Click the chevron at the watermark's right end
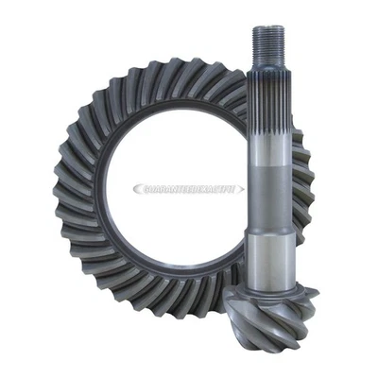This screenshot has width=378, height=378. (x=241, y=189)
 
